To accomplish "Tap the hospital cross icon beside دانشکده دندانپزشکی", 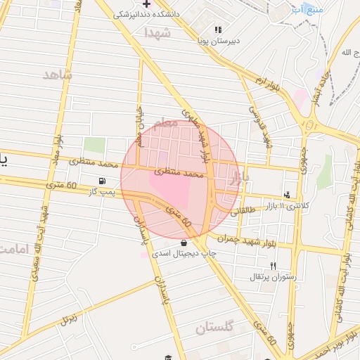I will pos(146,4).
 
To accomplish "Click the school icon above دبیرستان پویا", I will pos(218,30).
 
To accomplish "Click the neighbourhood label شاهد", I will pos(58,75).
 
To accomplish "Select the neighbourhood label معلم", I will pos(164,123).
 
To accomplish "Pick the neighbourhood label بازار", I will pos(239,178).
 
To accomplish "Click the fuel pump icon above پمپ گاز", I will pos(103,181).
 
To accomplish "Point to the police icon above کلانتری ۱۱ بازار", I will pos(286,195).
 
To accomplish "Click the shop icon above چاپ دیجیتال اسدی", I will pos(184,243).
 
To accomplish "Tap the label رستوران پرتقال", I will pos(274,276).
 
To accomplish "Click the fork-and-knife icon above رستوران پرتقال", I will pos(274,266).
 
